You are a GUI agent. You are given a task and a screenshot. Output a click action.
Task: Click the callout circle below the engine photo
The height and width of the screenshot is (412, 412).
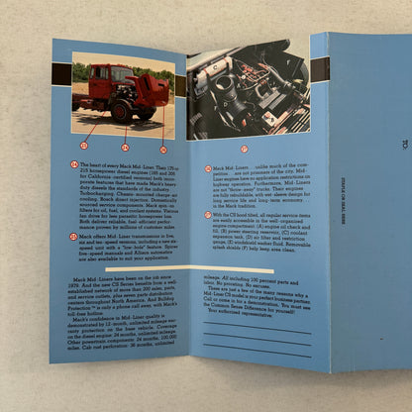pos(246,149)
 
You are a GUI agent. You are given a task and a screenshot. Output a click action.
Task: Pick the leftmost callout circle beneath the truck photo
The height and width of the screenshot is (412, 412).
pos(83,146)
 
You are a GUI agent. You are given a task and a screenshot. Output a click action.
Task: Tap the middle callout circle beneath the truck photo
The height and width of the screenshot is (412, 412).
pos(125,148)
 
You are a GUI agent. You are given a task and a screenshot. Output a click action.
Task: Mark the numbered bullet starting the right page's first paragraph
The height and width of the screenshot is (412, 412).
pos(196,168)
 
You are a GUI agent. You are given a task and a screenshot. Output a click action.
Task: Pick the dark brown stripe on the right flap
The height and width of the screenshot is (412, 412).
pos(320,70)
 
